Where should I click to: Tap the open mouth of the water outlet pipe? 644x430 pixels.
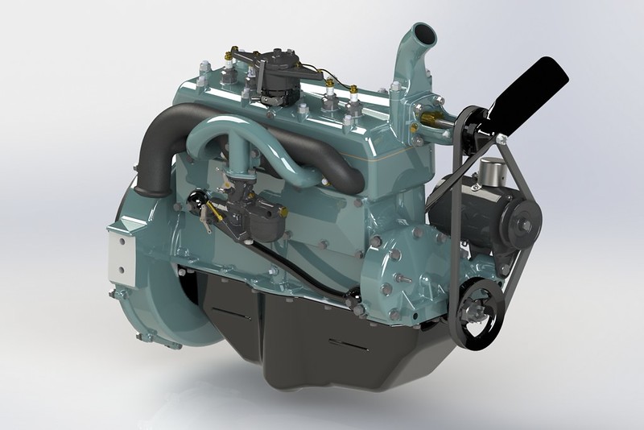420,37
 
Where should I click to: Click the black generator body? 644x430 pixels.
463,209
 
